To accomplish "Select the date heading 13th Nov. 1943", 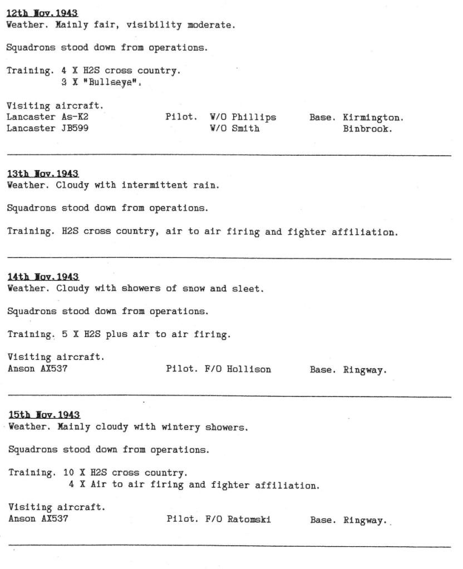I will pos(42,172).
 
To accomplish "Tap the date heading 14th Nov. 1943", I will pos(43,276).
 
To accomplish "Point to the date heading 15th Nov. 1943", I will pos(43,415).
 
